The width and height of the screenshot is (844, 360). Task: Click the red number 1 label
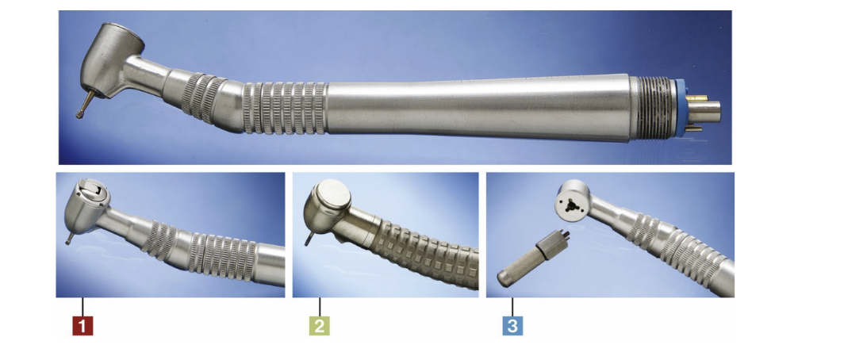[82, 326]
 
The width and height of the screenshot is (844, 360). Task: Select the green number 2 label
[319, 326]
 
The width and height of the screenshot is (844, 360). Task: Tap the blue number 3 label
[512, 326]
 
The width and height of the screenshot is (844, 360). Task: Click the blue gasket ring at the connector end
[679, 108]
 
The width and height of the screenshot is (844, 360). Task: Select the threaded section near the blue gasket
[652, 108]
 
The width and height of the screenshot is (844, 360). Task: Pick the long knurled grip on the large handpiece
[284, 108]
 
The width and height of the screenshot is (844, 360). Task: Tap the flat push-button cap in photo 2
[332, 193]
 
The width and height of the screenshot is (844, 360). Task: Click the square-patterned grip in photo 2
[425, 252]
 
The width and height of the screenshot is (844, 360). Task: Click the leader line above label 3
[512, 307]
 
